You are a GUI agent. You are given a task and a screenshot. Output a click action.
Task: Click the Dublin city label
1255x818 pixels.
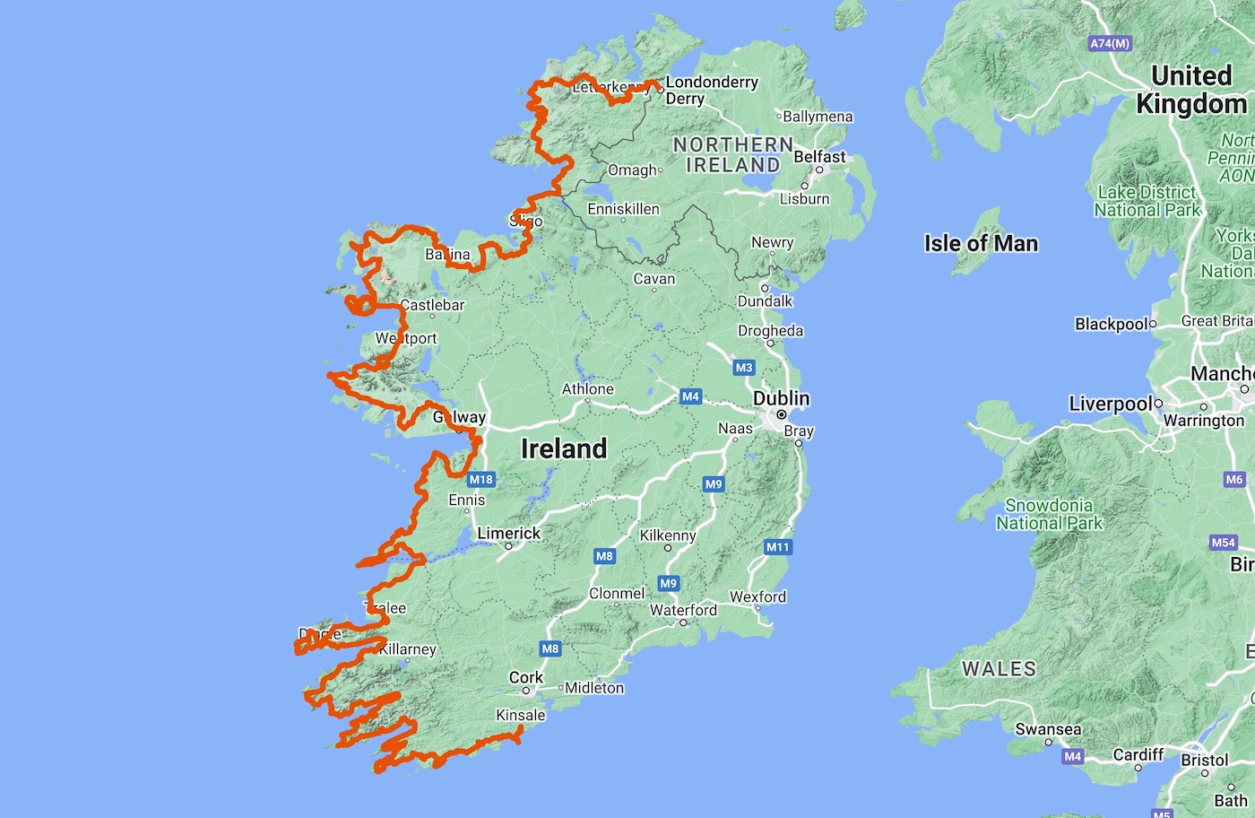[781, 398]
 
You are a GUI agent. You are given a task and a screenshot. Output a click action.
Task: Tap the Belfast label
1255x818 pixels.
[819, 157]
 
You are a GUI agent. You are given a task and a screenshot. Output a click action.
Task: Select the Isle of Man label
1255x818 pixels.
[981, 243]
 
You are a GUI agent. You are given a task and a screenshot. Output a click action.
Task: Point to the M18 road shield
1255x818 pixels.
[481, 479]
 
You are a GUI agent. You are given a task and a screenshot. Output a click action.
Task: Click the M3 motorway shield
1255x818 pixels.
[744, 368]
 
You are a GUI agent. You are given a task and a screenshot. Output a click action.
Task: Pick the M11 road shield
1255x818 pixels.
[777, 547]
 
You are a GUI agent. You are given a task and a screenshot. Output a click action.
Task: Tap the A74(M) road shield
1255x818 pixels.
[1110, 43]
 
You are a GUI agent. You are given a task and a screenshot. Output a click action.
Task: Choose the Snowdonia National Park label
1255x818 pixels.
[1049, 514]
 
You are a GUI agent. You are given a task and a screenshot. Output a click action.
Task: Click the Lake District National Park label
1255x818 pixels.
[1147, 201]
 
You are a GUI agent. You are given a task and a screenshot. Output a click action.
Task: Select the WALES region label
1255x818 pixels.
[999, 669]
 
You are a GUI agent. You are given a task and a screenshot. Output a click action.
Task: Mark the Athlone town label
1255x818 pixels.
[588, 389]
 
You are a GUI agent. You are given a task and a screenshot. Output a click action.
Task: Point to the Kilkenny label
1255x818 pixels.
[668, 535]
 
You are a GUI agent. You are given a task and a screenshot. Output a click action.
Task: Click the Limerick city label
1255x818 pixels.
[508, 533]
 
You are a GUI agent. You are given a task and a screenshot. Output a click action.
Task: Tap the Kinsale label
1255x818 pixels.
[521, 715]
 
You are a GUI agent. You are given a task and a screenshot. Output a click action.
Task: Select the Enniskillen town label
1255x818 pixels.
[623, 209]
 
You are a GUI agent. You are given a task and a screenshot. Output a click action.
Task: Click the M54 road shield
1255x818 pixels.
[1224, 543]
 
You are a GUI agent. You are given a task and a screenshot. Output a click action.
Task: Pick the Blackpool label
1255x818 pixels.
[1112, 324]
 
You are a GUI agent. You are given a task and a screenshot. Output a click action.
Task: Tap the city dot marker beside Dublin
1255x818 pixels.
[782, 414]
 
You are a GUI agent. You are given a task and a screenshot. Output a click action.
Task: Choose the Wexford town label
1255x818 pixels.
[757, 596]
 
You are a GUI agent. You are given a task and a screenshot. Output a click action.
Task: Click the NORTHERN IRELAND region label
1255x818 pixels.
[733, 154]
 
